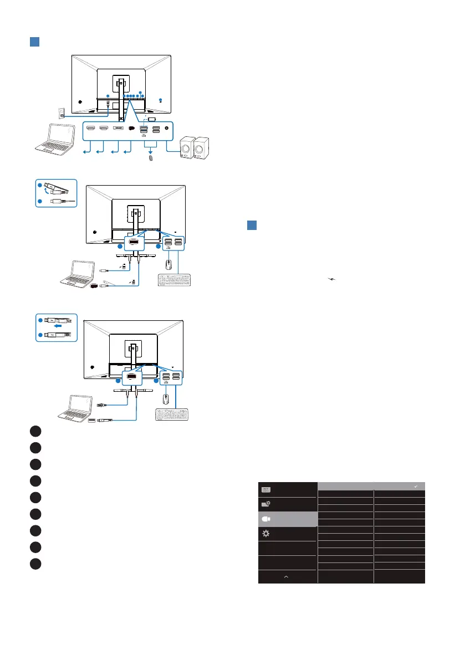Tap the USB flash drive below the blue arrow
[x=149, y=158]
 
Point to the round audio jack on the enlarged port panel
[x=167, y=128]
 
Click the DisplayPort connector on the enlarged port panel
[x=117, y=128]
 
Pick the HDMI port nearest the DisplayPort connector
[x=103, y=128]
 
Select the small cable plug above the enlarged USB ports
[x=152, y=118]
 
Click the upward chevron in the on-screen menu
[x=286, y=576]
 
